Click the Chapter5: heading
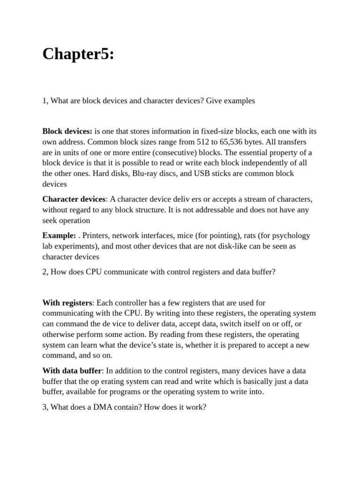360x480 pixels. tap(78, 54)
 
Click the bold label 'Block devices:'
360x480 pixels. tap(67, 131)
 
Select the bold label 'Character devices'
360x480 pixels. tap(74, 199)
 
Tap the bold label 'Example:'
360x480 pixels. tap(59, 236)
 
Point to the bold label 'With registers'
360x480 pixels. tap(67, 303)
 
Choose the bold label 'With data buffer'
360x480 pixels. tap(72, 371)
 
